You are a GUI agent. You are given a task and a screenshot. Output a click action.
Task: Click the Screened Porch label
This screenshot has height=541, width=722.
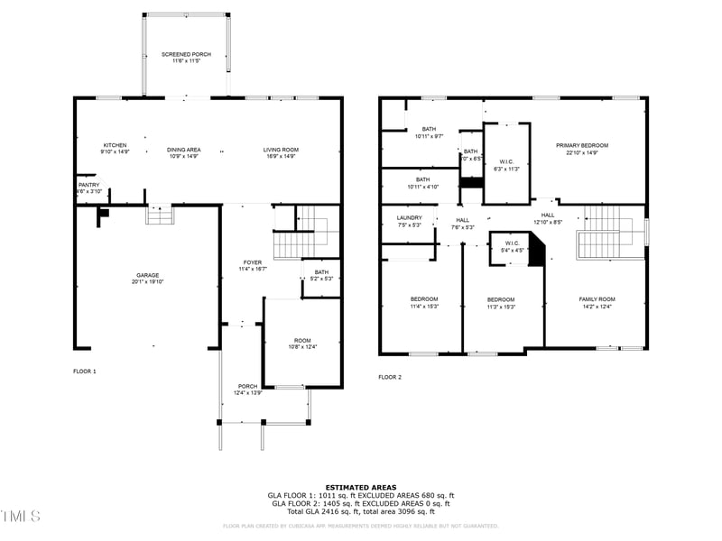tap(186, 54)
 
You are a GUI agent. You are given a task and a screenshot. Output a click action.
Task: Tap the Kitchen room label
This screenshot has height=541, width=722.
tap(115, 145)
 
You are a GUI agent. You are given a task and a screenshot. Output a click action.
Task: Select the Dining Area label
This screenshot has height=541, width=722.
tap(183, 150)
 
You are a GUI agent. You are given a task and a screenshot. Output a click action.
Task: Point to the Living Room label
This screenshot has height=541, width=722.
tap(281, 150)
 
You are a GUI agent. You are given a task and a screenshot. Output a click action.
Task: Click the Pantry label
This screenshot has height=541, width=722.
tap(88, 185)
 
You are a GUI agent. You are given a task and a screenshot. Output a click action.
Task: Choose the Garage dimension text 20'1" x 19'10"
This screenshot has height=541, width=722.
tap(149, 282)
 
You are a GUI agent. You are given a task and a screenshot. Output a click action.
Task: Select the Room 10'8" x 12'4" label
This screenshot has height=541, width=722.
tap(301, 340)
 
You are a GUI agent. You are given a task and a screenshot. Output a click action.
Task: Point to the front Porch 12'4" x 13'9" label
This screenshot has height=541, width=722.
tap(247, 386)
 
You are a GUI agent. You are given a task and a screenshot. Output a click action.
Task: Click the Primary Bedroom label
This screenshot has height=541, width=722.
tap(582, 145)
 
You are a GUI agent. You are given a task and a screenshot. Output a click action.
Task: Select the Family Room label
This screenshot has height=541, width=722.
tap(597, 298)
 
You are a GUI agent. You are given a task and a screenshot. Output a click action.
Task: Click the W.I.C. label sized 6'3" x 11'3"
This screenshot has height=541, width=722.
tap(506, 162)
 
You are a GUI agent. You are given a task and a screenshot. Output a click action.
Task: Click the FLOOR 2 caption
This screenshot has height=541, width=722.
tap(390, 377)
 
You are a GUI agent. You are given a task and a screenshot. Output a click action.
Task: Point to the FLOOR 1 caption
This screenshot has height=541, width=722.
tap(84, 371)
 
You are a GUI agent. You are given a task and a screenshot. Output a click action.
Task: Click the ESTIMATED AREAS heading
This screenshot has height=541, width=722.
tap(361, 486)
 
